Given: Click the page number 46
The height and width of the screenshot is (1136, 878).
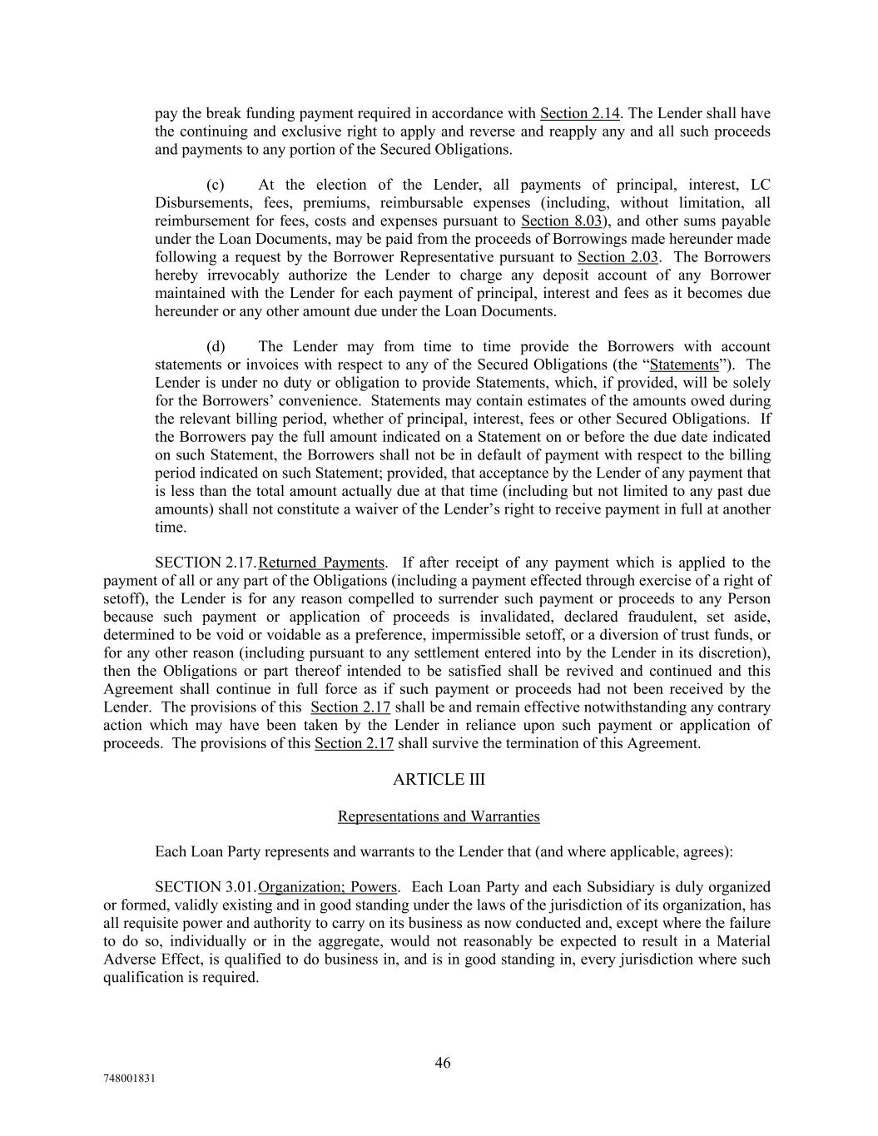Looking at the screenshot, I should coord(443,1063).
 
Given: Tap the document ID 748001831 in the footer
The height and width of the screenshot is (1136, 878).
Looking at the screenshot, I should coord(129,1079).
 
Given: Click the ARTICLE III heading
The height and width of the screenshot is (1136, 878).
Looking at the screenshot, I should coord(439,780).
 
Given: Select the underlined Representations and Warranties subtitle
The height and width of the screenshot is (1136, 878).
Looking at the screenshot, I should coord(439,816).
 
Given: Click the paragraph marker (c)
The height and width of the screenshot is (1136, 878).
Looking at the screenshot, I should coord(216,185).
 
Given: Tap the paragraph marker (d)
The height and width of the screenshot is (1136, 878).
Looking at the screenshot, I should coord(216,346).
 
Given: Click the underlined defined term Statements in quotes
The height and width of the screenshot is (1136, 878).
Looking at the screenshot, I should coord(683,365).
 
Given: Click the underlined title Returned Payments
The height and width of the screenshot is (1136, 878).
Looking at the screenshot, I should coord(322,563).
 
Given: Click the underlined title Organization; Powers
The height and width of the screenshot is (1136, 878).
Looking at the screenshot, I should coord(328,887).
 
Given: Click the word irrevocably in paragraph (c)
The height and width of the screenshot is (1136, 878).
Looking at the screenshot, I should coord(244,275).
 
